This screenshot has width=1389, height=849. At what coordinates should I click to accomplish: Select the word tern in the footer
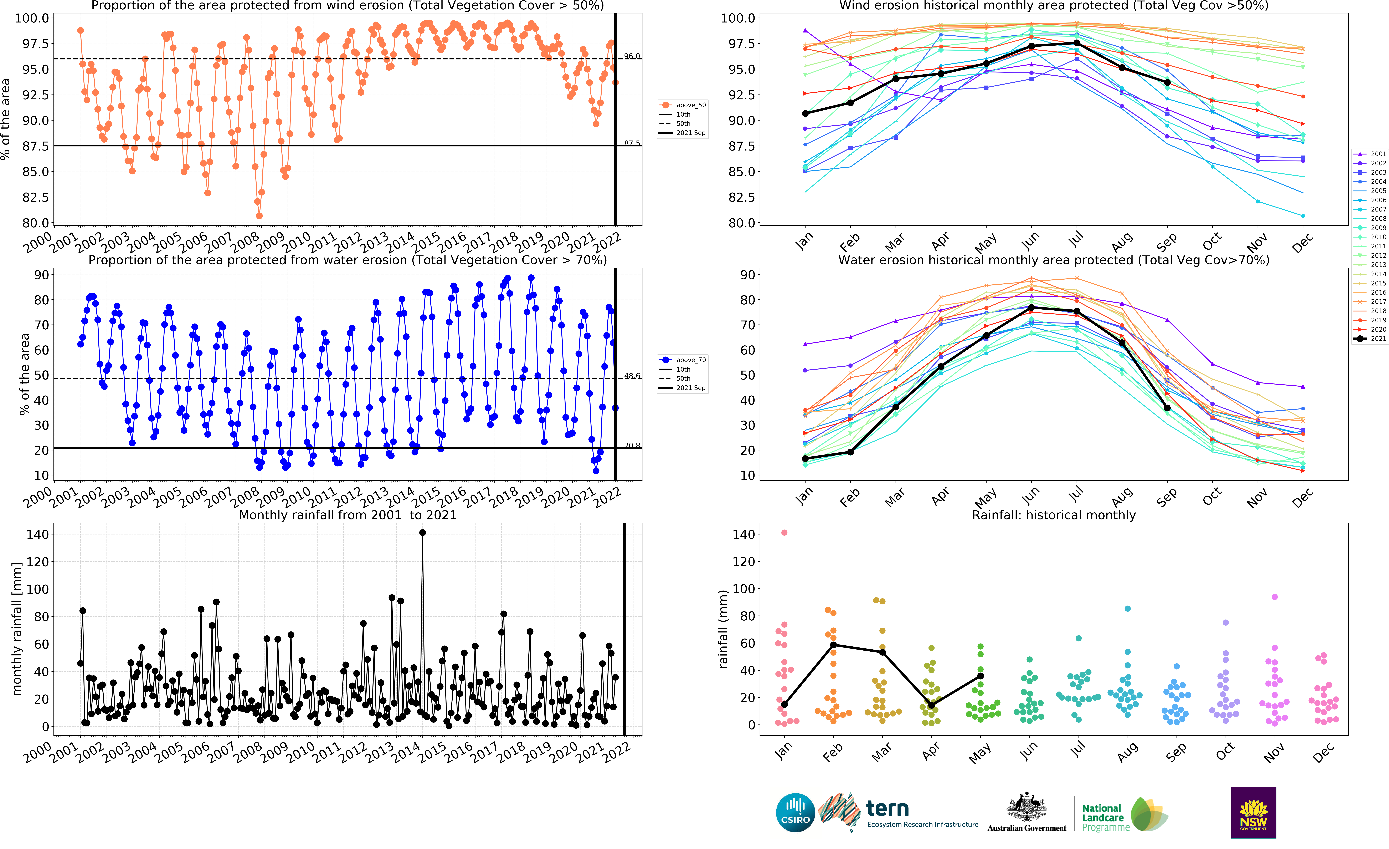coord(887,808)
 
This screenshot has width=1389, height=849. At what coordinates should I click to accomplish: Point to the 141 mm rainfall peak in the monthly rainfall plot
coord(422,533)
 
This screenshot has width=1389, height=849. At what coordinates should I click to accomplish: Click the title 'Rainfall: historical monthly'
coord(1054,515)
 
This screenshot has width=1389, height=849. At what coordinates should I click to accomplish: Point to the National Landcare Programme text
coord(1105,817)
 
